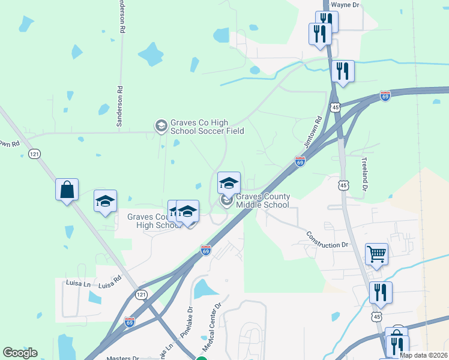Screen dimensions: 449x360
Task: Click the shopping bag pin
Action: click(x=67, y=190)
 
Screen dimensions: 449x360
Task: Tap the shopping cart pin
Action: click(x=376, y=254)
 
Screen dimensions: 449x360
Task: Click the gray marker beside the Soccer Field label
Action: click(x=160, y=125)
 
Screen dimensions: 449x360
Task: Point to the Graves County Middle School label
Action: click(x=262, y=200)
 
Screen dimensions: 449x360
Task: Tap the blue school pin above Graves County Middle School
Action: click(x=229, y=183)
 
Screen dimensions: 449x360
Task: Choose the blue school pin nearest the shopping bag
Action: click(x=105, y=202)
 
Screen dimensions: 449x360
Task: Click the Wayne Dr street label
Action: click(x=345, y=4)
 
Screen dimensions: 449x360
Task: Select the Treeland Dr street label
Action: click(x=364, y=175)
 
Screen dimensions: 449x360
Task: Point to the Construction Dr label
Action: click(x=327, y=240)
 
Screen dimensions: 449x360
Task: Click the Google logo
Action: click(x=20, y=352)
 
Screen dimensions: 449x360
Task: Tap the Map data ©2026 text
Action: click(x=424, y=355)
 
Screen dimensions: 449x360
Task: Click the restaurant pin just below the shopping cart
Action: click(x=381, y=292)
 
